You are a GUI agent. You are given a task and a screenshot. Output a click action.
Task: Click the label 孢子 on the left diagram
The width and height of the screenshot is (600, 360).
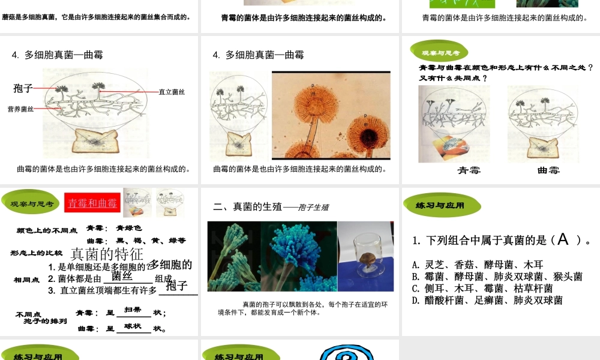point(23,88)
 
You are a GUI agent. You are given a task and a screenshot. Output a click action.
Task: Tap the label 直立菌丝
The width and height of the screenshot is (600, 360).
point(172,92)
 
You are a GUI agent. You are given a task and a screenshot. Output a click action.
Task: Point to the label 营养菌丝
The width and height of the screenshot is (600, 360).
point(20,109)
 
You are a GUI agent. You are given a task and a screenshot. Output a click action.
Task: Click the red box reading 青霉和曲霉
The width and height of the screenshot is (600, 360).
point(92,203)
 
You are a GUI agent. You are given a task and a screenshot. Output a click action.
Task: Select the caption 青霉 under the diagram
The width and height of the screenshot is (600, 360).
point(469,170)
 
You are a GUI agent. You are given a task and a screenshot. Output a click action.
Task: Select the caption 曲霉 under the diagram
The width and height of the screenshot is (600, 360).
point(548,170)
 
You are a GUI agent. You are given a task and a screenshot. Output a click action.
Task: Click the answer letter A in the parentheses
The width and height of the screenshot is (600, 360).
point(562,240)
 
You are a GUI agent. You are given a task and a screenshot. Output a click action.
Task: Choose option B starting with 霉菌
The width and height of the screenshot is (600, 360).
point(497,277)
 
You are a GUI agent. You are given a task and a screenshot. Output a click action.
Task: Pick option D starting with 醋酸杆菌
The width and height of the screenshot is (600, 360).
point(487,300)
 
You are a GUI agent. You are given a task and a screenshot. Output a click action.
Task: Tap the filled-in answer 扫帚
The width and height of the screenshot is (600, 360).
point(133,310)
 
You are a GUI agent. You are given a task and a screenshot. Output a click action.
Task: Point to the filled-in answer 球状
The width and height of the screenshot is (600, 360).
point(133,326)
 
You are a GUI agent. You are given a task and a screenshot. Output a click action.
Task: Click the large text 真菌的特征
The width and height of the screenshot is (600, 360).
point(107,254)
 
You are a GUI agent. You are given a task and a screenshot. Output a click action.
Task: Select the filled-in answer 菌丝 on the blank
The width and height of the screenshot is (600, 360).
point(122,275)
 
